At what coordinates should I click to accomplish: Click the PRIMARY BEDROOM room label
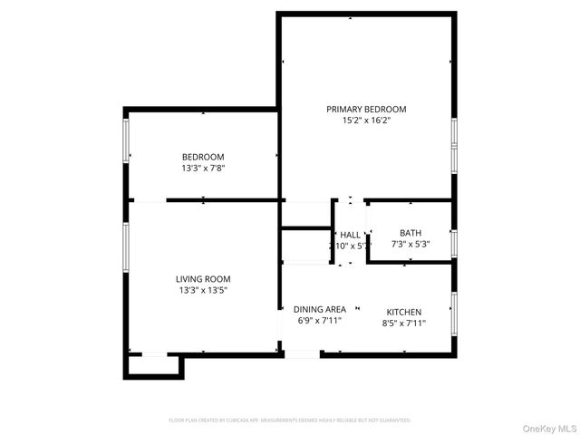[366, 109]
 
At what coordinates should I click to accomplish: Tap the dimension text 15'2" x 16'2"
[366, 120]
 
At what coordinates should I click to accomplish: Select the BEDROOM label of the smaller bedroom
[203, 157]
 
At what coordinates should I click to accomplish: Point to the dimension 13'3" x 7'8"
[203, 168]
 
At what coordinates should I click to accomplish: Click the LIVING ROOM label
[203, 279]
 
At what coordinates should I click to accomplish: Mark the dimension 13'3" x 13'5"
[203, 290]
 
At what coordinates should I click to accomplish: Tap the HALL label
[350, 234]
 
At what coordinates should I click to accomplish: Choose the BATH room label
[411, 233]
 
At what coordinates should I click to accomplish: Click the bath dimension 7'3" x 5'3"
[411, 244]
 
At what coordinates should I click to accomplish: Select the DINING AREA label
[320, 309]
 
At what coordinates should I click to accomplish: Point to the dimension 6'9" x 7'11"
[320, 321]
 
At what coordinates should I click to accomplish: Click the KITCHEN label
[403, 312]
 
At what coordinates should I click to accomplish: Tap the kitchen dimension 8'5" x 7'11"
[403, 323]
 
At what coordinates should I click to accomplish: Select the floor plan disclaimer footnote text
[290, 420]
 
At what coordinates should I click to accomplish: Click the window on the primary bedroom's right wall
[454, 145]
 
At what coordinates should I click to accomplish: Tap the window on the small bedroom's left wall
[126, 141]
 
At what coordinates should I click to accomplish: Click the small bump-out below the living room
[155, 365]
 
